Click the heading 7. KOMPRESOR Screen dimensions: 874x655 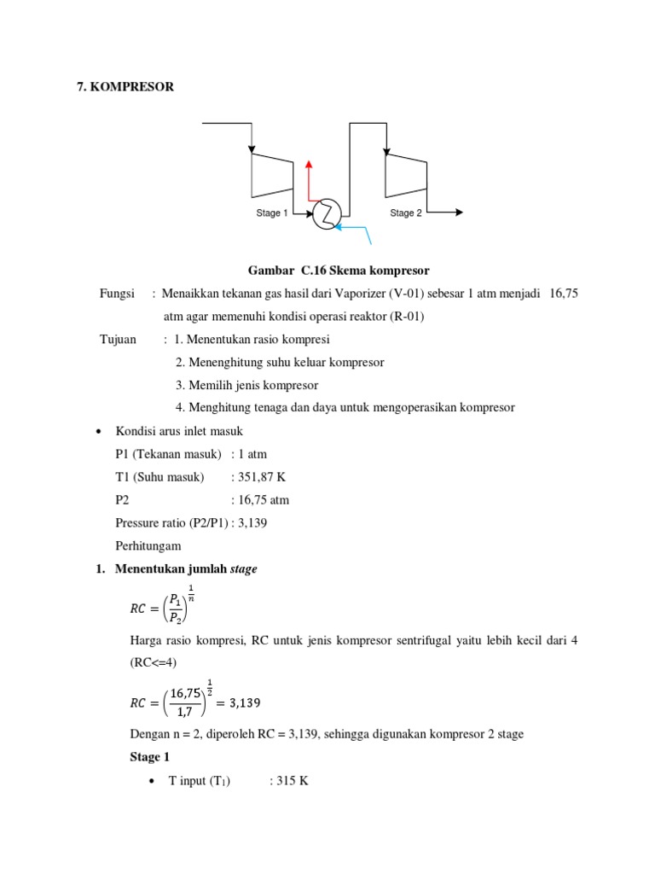click(x=125, y=86)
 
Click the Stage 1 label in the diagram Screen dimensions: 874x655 click(x=272, y=213)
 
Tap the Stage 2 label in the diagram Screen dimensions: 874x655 click(x=406, y=213)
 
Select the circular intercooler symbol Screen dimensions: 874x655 click(x=326, y=214)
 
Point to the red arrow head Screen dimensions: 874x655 click(x=310, y=163)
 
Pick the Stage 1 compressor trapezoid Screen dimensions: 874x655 click(x=272, y=173)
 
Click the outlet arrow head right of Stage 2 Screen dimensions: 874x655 click(x=458, y=213)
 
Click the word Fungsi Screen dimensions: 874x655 click(x=118, y=294)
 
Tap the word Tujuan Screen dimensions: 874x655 click(x=119, y=340)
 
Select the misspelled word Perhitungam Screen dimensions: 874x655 click(x=148, y=545)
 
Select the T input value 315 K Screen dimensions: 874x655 click(x=288, y=781)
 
